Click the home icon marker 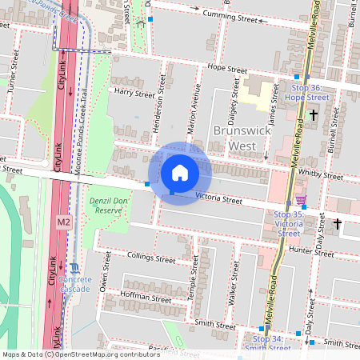180,173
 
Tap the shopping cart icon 301,200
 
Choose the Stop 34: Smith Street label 264,343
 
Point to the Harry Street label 134,94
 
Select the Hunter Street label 311,251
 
